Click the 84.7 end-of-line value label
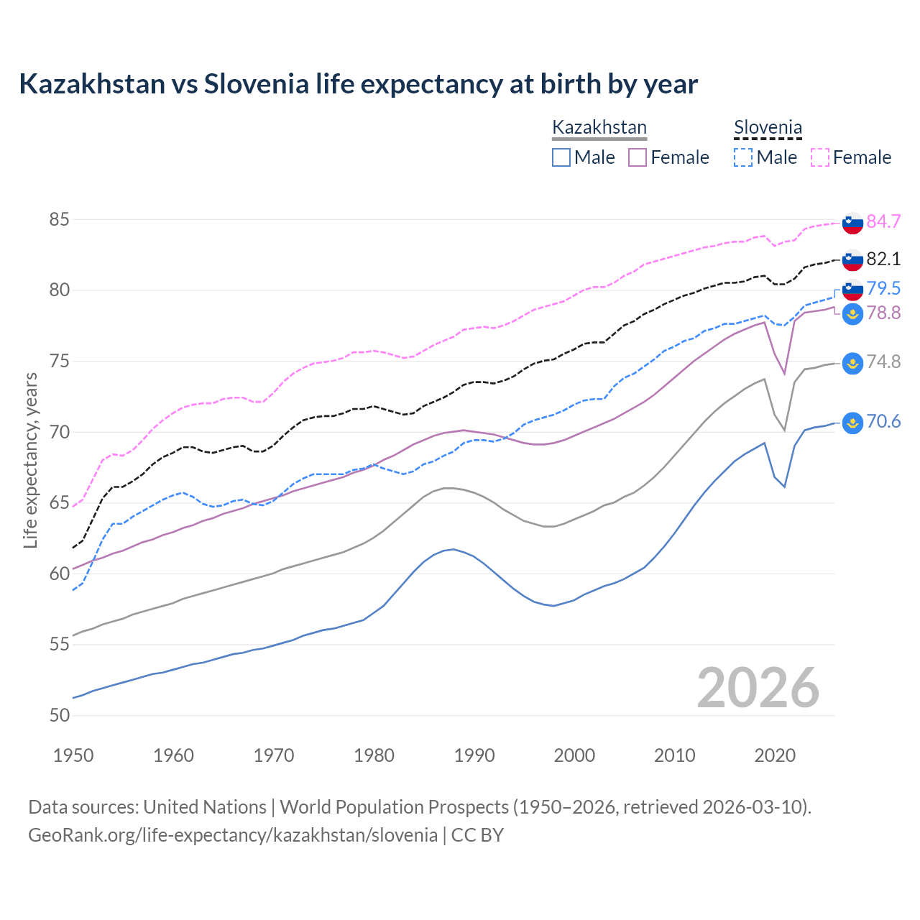click(x=883, y=221)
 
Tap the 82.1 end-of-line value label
click(x=883, y=259)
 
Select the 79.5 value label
click(x=883, y=288)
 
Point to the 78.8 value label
click(x=883, y=313)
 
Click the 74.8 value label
click(x=883, y=362)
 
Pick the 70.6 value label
click(x=883, y=421)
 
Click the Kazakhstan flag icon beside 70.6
click(x=852, y=423)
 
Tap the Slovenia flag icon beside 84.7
click(x=852, y=223)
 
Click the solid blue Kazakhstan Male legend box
click(x=561, y=157)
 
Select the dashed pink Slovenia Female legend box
click(x=820, y=157)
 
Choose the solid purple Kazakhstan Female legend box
click(x=638, y=157)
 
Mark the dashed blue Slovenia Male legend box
click(x=743, y=157)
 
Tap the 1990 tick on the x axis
click(x=474, y=755)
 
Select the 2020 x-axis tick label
click(x=775, y=755)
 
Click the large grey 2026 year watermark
click(x=758, y=689)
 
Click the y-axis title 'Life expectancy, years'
click(x=30, y=460)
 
